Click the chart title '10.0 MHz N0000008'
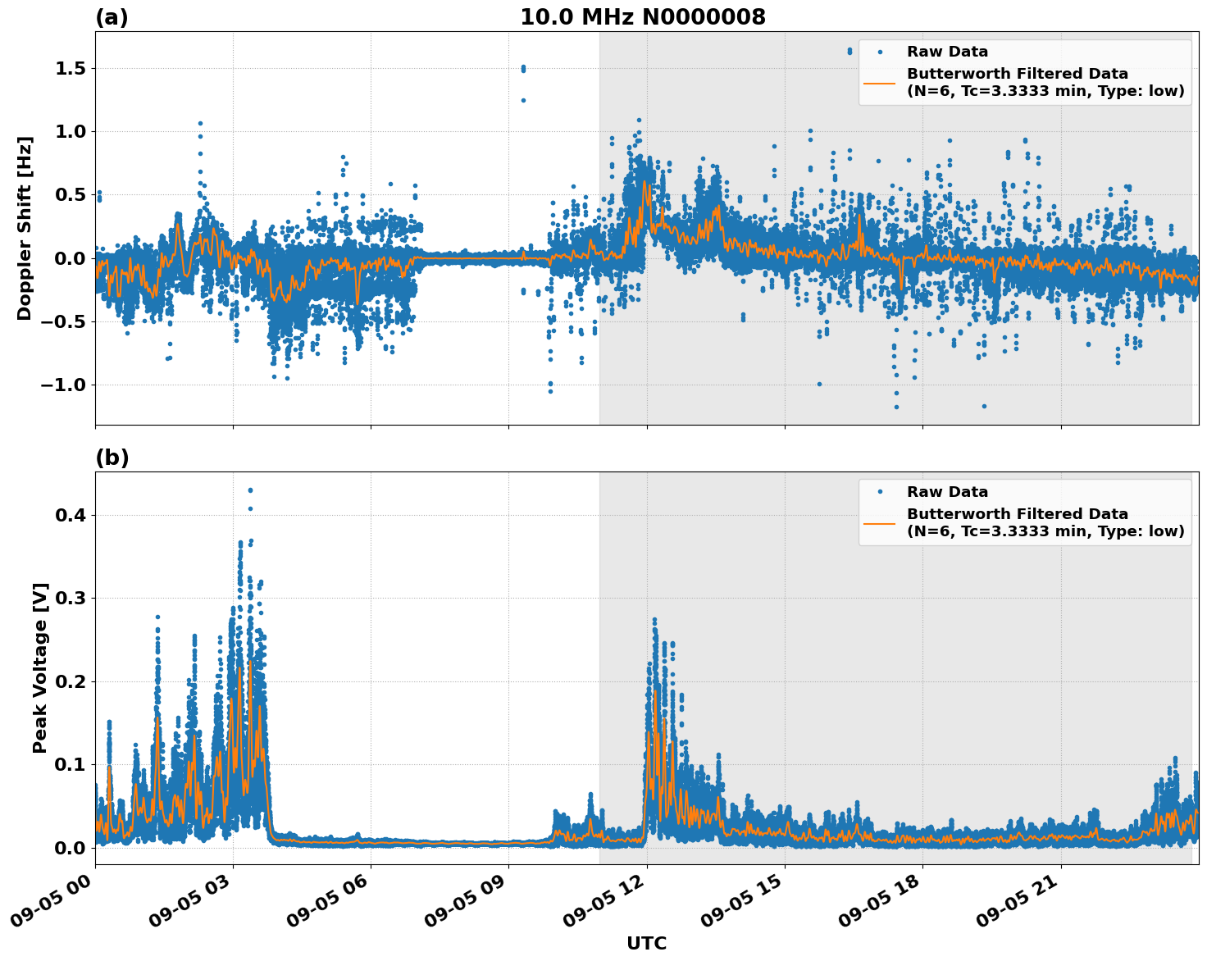tap(642, 17)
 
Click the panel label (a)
tap(112, 17)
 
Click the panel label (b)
tap(112, 458)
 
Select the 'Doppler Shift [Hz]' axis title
tap(25, 228)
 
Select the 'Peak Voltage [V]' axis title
tap(40, 667)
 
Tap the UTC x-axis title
tap(646, 943)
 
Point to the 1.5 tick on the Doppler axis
tap(71, 68)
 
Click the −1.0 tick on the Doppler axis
tap(65, 385)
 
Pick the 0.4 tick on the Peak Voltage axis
tap(71, 515)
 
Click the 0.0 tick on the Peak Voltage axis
tap(71, 847)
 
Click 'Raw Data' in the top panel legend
tap(947, 52)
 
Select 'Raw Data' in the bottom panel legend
tap(947, 492)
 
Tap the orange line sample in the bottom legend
tap(880, 522)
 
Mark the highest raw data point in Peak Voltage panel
tap(250, 490)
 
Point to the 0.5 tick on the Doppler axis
tap(71, 194)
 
